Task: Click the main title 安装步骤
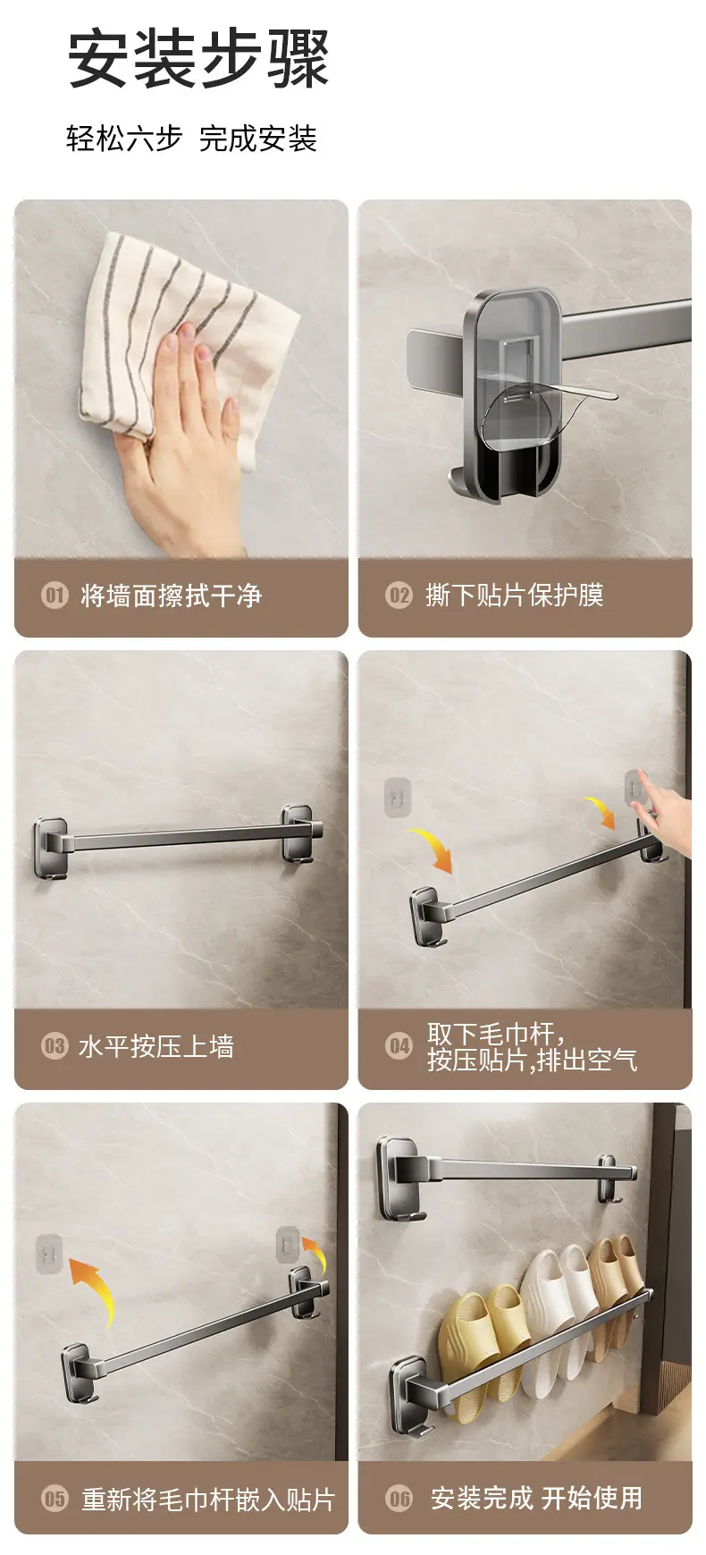point(198,59)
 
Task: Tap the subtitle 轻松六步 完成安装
point(191,139)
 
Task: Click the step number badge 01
point(55,595)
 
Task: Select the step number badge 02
point(399,595)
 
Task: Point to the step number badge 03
point(55,1045)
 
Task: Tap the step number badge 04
point(399,1045)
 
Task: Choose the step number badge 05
point(55,1498)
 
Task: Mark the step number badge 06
point(399,1498)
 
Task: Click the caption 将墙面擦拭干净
point(171,596)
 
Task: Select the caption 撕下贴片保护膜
point(515,596)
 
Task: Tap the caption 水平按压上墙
point(156,1046)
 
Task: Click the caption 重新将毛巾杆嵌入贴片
point(208,1499)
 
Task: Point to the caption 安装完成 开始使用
point(536,1498)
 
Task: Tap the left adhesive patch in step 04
point(398,797)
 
